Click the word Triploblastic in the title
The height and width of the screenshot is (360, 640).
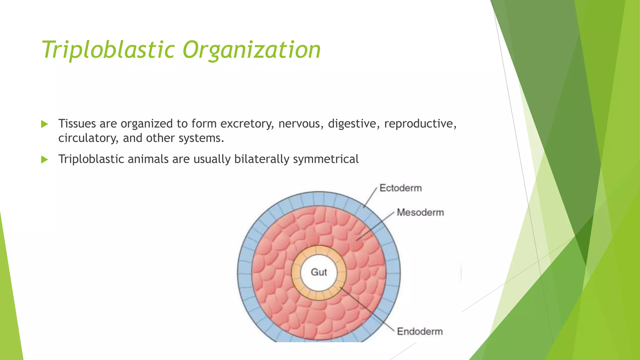click(x=108, y=50)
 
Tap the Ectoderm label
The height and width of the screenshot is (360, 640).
click(x=400, y=188)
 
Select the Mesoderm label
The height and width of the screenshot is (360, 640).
click(x=420, y=212)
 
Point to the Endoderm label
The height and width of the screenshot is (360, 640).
click(x=420, y=331)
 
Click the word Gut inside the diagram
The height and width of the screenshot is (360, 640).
click(x=319, y=272)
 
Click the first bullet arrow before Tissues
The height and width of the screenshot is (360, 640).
click(x=44, y=124)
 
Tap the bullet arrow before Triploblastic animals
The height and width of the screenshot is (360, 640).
click(x=44, y=160)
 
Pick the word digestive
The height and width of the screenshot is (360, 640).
click(x=354, y=124)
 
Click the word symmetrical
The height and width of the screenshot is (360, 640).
click(x=326, y=159)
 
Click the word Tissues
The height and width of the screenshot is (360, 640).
click(x=77, y=124)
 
